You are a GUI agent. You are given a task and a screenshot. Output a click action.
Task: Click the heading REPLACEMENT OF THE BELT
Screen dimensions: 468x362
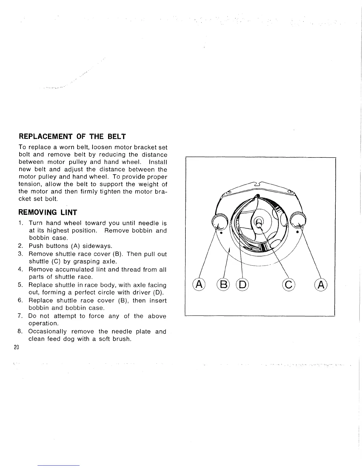click(72, 137)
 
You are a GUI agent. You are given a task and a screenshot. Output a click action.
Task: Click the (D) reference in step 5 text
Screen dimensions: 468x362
click(159, 293)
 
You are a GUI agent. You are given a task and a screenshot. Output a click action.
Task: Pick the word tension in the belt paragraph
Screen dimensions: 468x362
click(29, 185)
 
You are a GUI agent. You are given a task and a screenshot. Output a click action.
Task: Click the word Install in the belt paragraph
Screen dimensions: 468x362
click(158, 162)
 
